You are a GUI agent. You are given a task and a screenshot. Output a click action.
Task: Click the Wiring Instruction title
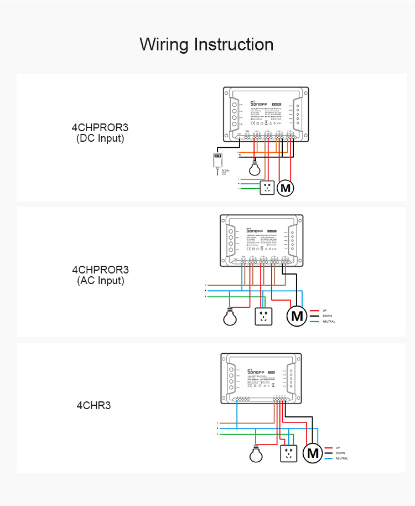pyautogui.click(x=206, y=44)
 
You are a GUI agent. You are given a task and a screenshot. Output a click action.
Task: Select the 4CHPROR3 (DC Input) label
pyautogui.click(x=100, y=132)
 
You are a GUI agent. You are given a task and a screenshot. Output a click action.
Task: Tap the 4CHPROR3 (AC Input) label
pyautogui.click(x=100, y=275)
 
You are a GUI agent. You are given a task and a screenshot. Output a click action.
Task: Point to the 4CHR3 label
pyautogui.click(x=94, y=405)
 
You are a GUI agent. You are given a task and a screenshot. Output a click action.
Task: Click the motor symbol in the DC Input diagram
pyautogui.click(x=286, y=188)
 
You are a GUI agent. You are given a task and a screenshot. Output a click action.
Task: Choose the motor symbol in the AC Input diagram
pyautogui.click(x=297, y=316)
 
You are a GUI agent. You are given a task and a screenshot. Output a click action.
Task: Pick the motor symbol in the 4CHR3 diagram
pyautogui.click(x=314, y=453)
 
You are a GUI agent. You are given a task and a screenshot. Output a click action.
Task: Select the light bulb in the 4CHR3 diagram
pyautogui.click(x=255, y=455)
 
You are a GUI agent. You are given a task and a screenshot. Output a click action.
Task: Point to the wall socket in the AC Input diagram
pyautogui.click(x=264, y=317)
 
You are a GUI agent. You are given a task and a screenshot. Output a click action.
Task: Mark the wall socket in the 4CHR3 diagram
pyautogui.click(x=288, y=454)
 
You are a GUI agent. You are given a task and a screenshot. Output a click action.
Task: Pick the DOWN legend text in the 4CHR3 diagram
pyautogui.click(x=340, y=453)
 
